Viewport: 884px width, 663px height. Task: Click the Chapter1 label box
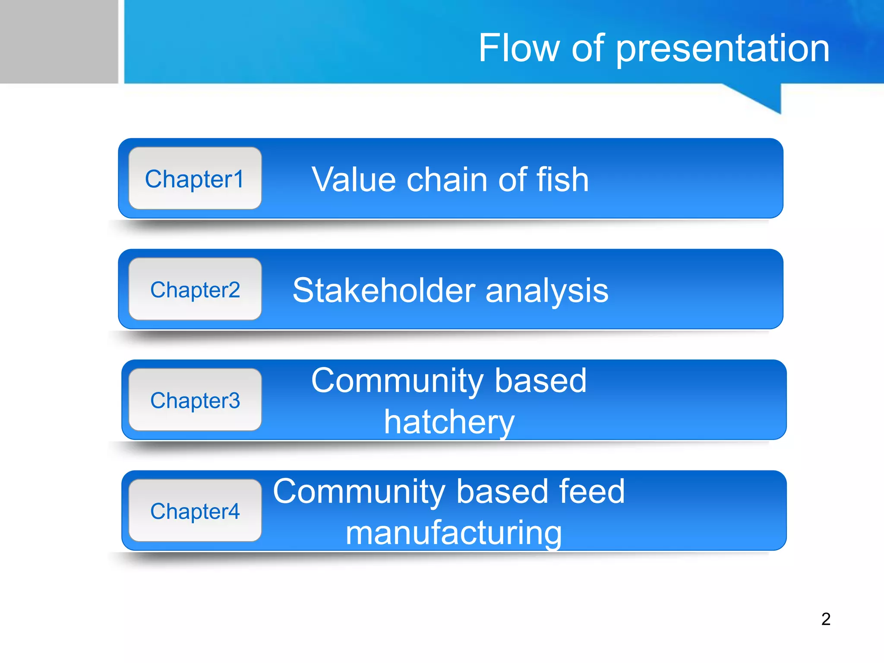(195, 178)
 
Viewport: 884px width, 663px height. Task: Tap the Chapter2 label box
(195, 289)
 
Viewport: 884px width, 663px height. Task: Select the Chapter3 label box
(195, 400)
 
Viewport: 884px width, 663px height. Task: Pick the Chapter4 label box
(195, 511)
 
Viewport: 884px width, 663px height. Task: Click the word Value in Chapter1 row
(354, 179)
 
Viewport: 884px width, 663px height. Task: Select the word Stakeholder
(384, 290)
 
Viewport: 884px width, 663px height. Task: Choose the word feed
(591, 491)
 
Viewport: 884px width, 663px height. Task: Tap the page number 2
(826, 619)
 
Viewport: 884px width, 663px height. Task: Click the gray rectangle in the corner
(59, 41)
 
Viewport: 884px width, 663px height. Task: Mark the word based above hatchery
(540, 381)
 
